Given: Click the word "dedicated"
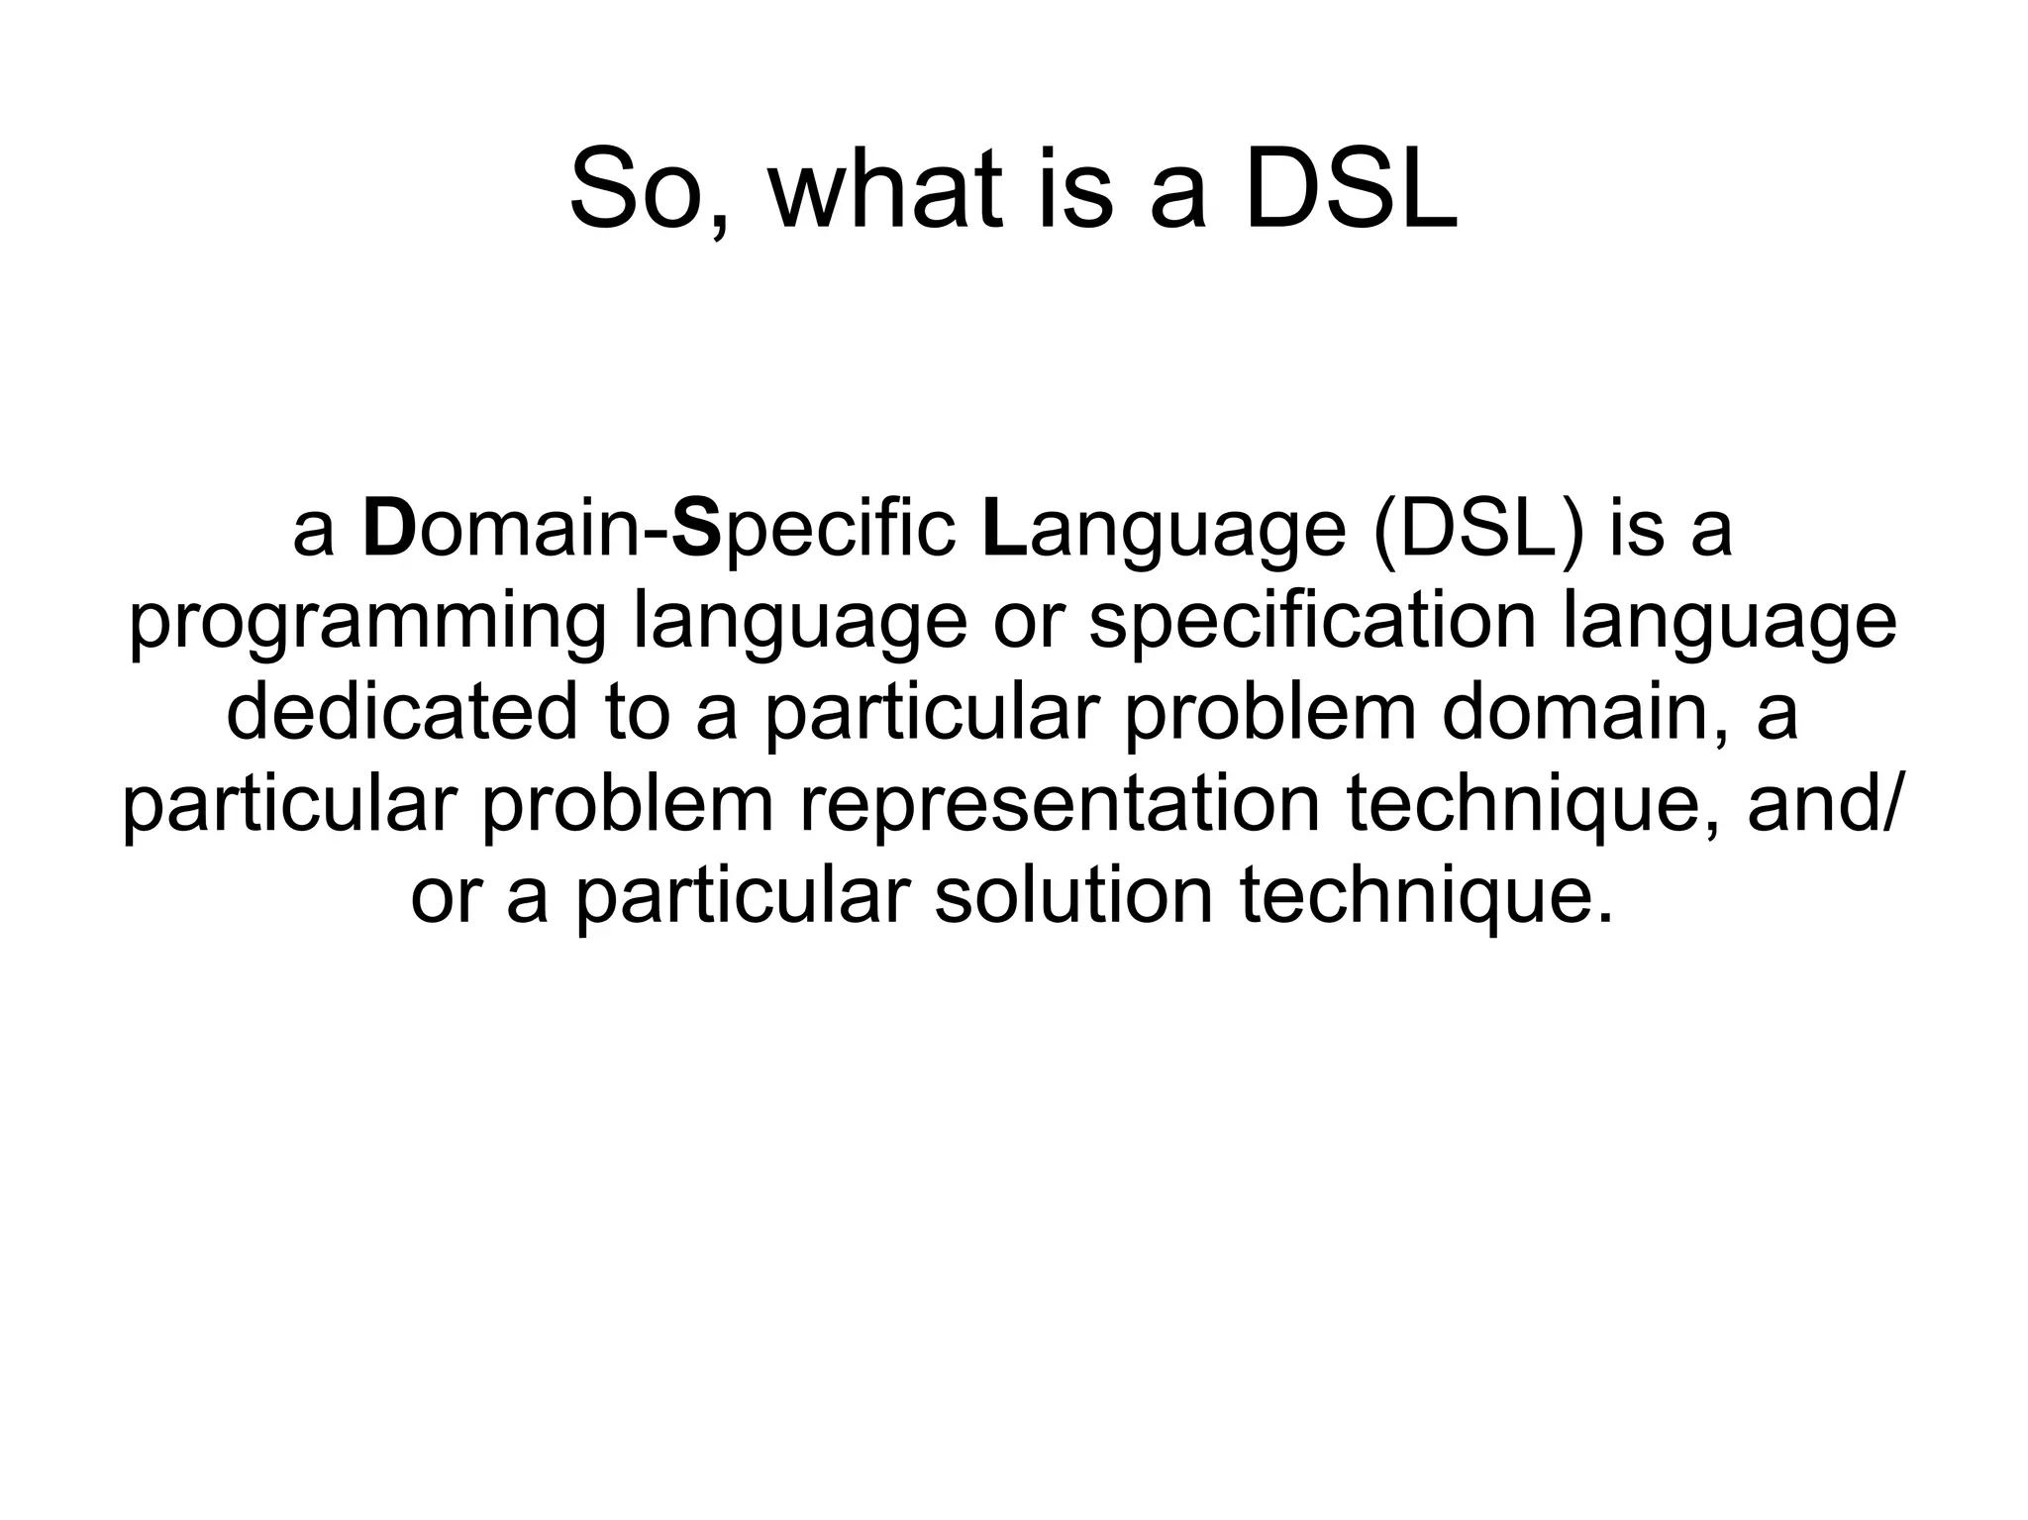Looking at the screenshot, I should coord(401,713).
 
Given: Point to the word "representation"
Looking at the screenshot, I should coord(1060,804).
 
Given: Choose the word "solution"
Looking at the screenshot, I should coord(1073,895).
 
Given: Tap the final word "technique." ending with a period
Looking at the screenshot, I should coord(1426,895).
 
